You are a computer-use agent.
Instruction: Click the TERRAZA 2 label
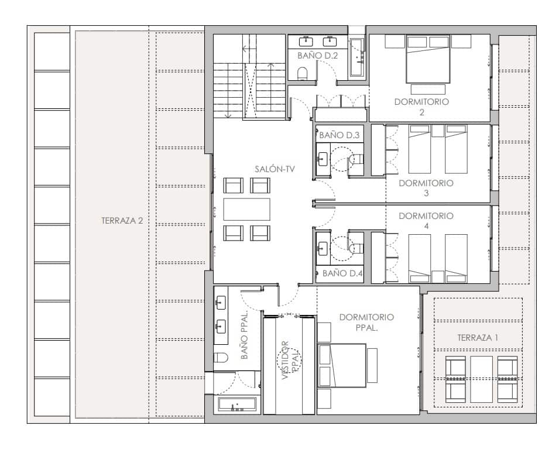121,221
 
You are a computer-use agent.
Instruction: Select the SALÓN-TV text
275,169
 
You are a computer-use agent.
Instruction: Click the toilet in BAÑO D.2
303,73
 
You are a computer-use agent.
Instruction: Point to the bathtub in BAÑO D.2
357,57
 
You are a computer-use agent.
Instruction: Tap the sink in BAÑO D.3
323,159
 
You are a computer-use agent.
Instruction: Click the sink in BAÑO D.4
323,248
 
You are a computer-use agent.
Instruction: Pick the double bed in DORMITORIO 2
428,58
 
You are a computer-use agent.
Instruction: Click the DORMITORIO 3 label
426,187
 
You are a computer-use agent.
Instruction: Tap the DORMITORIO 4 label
426,220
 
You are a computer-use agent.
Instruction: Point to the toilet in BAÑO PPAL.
221,358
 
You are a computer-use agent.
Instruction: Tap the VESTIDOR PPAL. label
291,361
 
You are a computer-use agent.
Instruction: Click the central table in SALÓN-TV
246,209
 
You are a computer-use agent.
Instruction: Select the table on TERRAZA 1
482,379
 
